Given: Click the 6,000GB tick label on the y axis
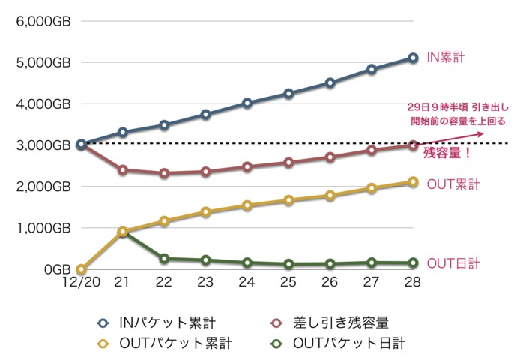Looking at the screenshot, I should coord(43,21).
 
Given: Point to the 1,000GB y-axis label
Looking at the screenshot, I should coord(43,228).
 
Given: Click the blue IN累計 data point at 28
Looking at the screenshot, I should coord(413,58).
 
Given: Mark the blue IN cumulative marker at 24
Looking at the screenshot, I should coord(247,103).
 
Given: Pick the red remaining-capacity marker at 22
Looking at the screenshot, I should coord(164,173).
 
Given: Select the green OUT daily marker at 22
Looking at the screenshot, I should coord(164,258).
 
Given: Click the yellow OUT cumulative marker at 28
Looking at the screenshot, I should coord(413,181).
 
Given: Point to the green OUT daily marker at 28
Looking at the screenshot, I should coord(413,263).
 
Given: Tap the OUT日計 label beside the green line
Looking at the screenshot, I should coord(453,263).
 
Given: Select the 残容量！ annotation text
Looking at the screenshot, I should coord(447,154).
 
